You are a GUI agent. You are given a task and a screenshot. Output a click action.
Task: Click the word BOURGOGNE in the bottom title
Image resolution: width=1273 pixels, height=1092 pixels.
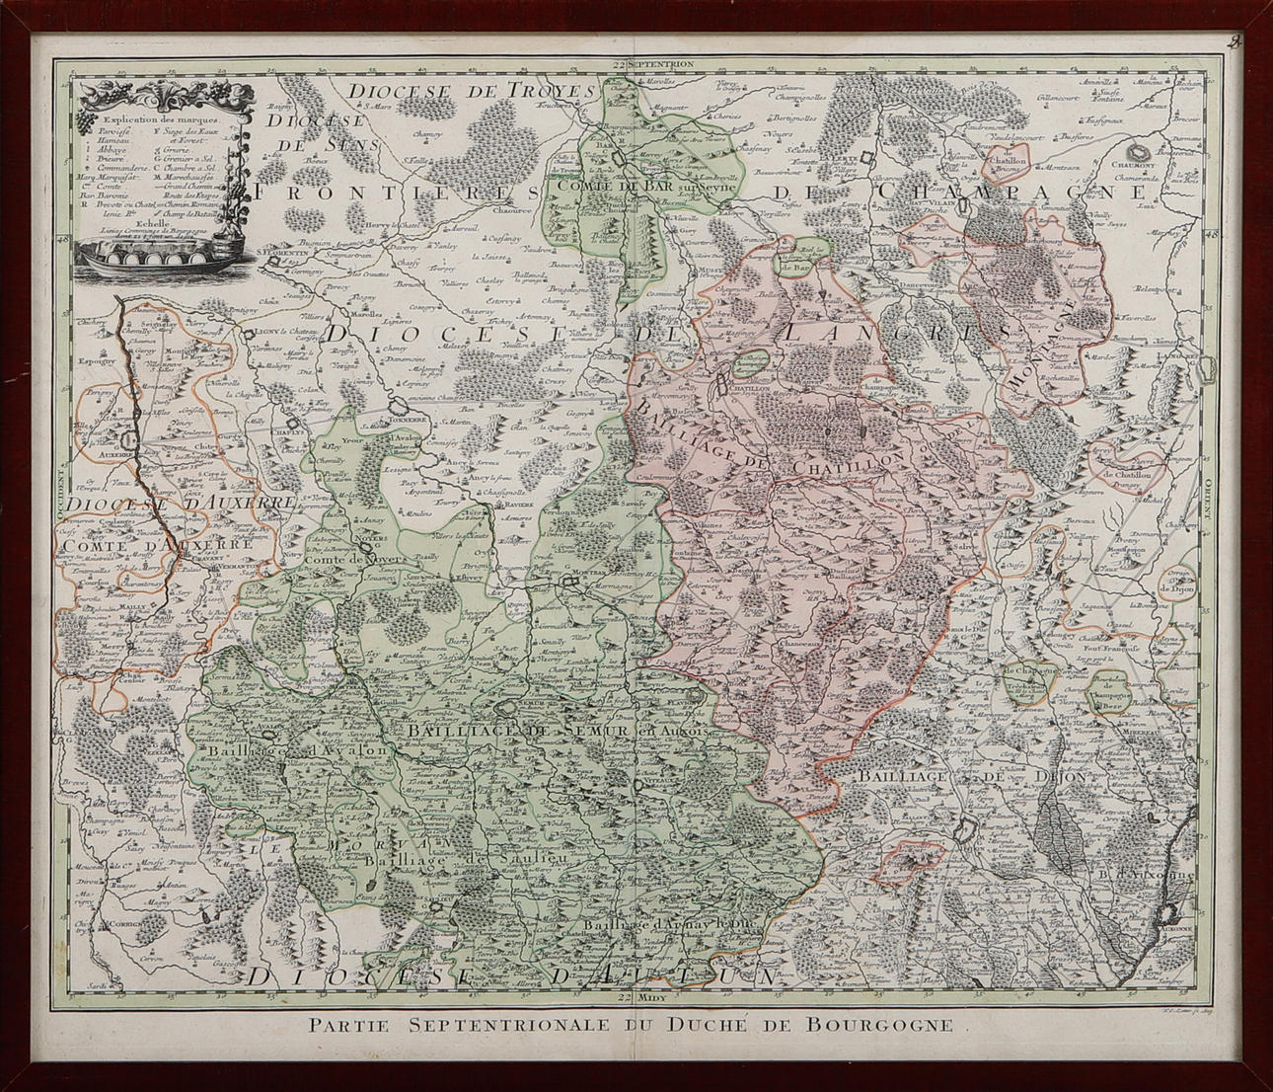point(890,1024)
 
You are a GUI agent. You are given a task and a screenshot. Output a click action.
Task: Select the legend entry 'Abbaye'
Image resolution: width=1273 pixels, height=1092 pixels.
point(109,150)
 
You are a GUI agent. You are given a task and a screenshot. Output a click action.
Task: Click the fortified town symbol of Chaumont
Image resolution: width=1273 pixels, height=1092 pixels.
point(1143,152)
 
